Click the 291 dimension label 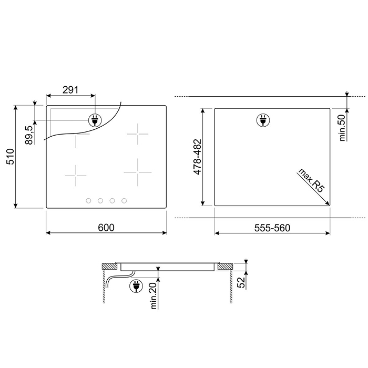70,90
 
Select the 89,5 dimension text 29,135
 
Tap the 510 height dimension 11,157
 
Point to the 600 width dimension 106,228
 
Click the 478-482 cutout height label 198,157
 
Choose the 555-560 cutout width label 272,228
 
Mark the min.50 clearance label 343,128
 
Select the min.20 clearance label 154,295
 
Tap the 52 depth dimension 241,282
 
